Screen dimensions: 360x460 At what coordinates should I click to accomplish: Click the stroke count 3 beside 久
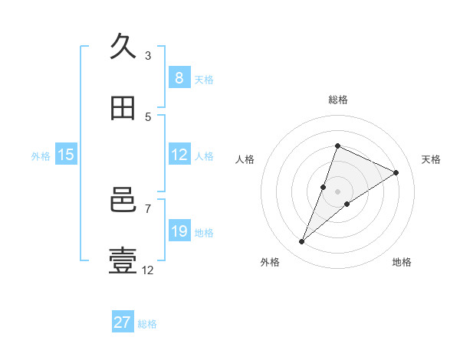point(148,55)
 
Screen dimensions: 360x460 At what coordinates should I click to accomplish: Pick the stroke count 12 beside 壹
point(148,270)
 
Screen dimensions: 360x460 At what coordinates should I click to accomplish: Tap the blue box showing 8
point(179,78)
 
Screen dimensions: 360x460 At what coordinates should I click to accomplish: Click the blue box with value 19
point(179,231)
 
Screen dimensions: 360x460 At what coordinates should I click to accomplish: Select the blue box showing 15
point(66,155)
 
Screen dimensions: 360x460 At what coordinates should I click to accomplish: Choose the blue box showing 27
point(123,322)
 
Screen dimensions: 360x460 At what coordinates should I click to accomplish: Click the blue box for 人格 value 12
point(179,155)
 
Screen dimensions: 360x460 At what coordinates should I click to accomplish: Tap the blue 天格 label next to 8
point(204,79)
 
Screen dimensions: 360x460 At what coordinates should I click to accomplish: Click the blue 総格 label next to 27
point(148,323)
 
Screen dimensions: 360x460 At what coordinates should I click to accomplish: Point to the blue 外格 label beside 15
point(41,155)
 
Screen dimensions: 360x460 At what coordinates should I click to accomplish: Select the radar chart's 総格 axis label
point(337,100)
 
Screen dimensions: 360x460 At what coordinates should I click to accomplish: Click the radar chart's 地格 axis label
point(402,262)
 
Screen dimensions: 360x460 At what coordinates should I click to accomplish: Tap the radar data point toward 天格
point(396,172)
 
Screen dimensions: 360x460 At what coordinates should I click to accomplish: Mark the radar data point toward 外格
point(301,242)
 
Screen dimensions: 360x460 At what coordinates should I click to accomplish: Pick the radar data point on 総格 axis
point(337,146)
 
